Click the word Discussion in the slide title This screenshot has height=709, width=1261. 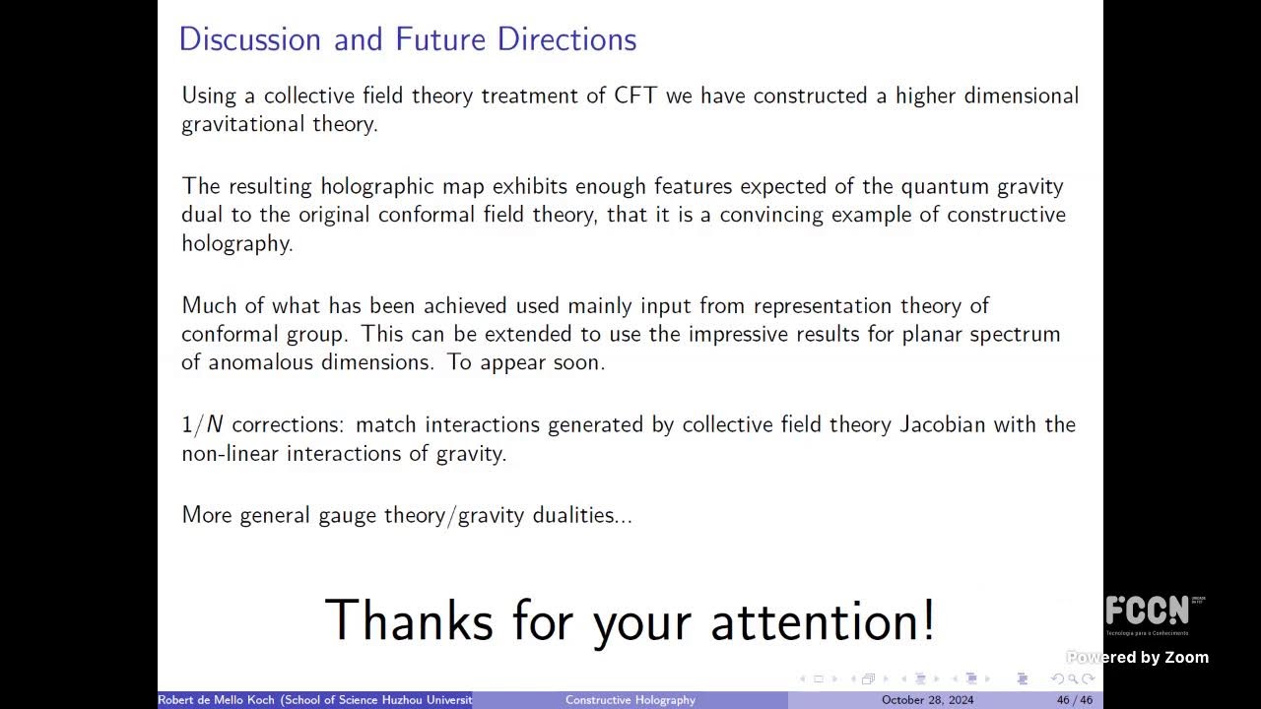coord(250,39)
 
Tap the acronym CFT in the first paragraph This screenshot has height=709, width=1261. coord(635,96)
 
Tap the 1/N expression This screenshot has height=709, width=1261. coord(202,424)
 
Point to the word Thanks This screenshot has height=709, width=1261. coord(409,621)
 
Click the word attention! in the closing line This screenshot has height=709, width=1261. coord(823,621)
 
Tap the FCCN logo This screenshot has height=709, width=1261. coord(1148,612)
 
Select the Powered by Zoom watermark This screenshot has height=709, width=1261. coord(1137,657)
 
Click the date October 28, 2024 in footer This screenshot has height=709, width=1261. coord(927,700)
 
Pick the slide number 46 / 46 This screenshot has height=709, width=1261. coord(1075,700)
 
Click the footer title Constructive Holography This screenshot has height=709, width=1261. coord(630,700)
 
